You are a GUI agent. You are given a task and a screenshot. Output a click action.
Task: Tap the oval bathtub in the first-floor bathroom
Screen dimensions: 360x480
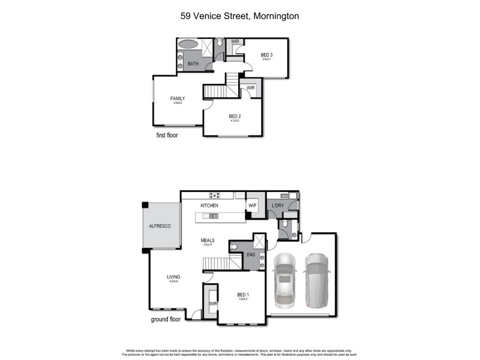click(188, 44)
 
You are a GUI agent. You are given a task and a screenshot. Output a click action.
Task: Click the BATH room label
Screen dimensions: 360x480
click(193, 64)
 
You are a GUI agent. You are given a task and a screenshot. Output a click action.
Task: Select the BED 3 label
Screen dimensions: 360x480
click(266, 55)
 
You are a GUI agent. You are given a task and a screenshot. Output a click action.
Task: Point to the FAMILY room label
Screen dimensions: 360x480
click(177, 98)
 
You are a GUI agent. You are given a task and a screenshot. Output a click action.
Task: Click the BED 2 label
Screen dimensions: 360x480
click(235, 116)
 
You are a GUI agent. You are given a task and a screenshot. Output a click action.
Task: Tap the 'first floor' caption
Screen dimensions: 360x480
click(167, 136)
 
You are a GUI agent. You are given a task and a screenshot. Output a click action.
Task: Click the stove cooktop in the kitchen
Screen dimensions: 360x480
click(214, 195)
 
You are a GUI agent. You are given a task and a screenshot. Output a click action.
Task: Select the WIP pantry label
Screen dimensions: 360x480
click(253, 206)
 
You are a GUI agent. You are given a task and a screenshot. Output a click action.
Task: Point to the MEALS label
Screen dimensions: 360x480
click(208, 240)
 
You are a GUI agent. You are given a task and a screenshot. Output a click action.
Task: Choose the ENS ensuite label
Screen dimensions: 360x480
click(251, 254)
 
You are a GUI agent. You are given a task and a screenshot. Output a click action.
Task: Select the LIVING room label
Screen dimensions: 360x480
click(173, 277)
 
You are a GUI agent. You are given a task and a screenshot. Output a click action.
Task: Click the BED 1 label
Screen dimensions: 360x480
click(242, 295)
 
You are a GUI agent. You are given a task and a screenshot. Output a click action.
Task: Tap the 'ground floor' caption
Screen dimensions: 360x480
click(166, 320)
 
